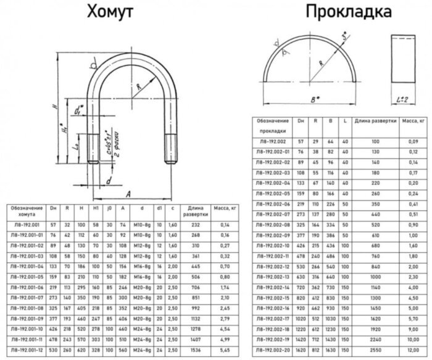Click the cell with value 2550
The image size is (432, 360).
coord(376,349)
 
